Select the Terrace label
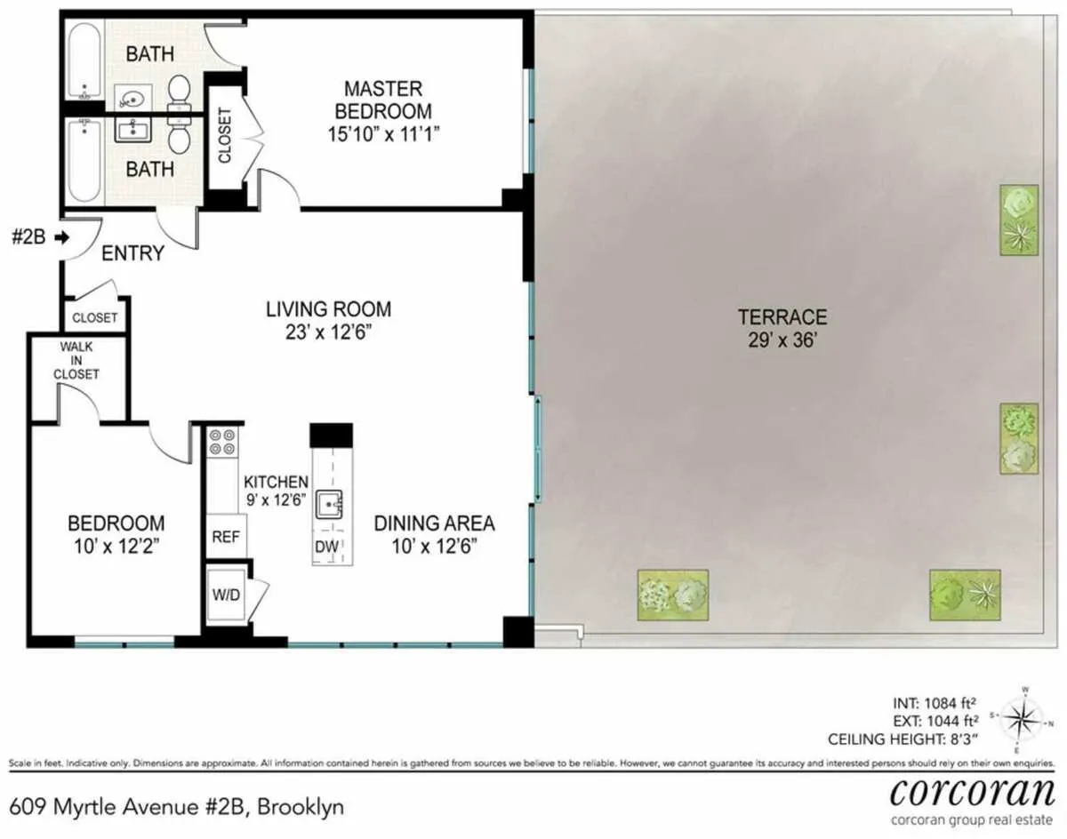pyautogui.click(x=782, y=316)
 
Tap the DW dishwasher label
pyautogui.click(x=325, y=548)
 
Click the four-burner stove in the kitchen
pyautogui.click(x=221, y=443)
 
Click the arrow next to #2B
pyautogui.click(x=61, y=237)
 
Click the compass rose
pyautogui.click(x=1024, y=716)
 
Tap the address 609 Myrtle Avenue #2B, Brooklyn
pyautogui.click(x=176, y=807)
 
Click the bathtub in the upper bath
pyautogui.click(x=85, y=61)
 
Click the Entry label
pyautogui.click(x=133, y=253)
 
